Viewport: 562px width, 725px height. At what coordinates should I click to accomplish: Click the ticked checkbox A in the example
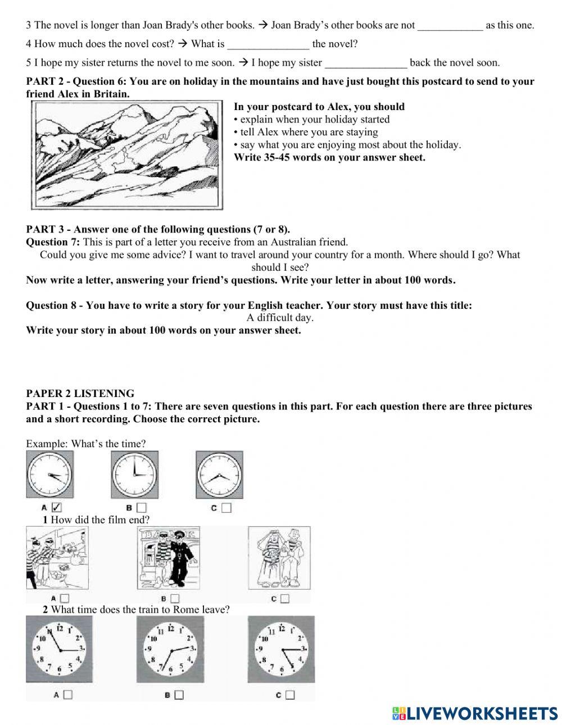pos(56,508)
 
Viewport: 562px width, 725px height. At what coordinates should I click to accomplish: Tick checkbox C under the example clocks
pos(226,508)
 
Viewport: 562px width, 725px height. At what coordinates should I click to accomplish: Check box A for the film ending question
pos(65,599)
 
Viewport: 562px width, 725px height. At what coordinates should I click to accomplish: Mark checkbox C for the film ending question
pos(284,599)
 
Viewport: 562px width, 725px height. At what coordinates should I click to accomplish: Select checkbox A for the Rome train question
pos(68,695)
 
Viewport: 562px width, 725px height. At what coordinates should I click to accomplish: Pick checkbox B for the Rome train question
pos(179,695)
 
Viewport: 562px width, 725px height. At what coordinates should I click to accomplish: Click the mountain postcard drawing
pos(126,156)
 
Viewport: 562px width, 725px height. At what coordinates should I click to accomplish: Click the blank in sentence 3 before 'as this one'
pos(450,25)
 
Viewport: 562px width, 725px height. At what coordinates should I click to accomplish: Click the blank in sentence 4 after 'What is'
pos(268,44)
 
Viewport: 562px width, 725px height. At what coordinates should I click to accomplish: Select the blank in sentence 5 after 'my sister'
pos(366,63)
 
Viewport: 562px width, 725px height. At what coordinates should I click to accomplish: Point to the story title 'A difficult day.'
pos(280,318)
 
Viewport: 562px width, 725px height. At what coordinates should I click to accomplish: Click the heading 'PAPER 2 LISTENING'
pos(80,394)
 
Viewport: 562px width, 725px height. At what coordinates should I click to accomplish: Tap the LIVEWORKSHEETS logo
pos(474,713)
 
